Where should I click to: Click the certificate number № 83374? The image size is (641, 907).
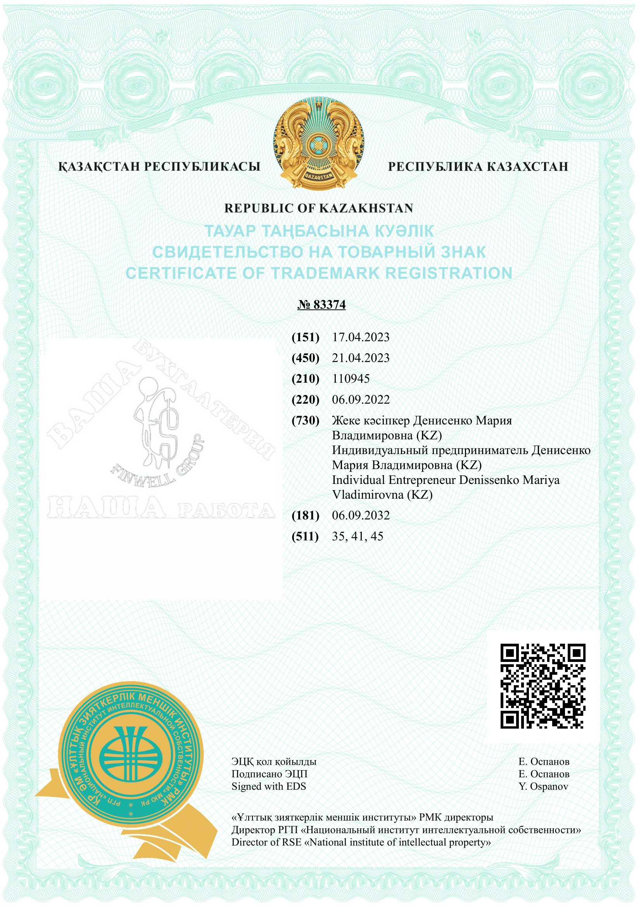[x=321, y=304]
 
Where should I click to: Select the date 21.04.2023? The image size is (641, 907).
[x=361, y=358]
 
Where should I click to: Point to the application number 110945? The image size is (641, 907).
[x=351, y=379]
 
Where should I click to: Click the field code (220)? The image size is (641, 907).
[x=305, y=400]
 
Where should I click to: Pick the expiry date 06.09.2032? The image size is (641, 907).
[x=361, y=515]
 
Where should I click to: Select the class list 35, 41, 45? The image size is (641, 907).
[x=358, y=536]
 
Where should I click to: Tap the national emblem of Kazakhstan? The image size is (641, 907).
[x=319, y=143]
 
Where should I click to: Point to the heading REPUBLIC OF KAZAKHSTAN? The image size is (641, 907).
[x=318, y=208]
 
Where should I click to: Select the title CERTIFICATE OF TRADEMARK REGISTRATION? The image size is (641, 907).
[x=319, y=273]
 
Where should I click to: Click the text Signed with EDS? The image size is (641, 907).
[x=269, y=786]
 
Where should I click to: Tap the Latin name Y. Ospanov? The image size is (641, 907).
[x=543, y=786]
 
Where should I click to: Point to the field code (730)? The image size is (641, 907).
[x=305, y=421]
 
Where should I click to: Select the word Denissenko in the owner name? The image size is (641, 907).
[x=489, y=480]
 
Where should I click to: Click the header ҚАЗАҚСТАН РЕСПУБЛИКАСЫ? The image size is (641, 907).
[x=159, y=167]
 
